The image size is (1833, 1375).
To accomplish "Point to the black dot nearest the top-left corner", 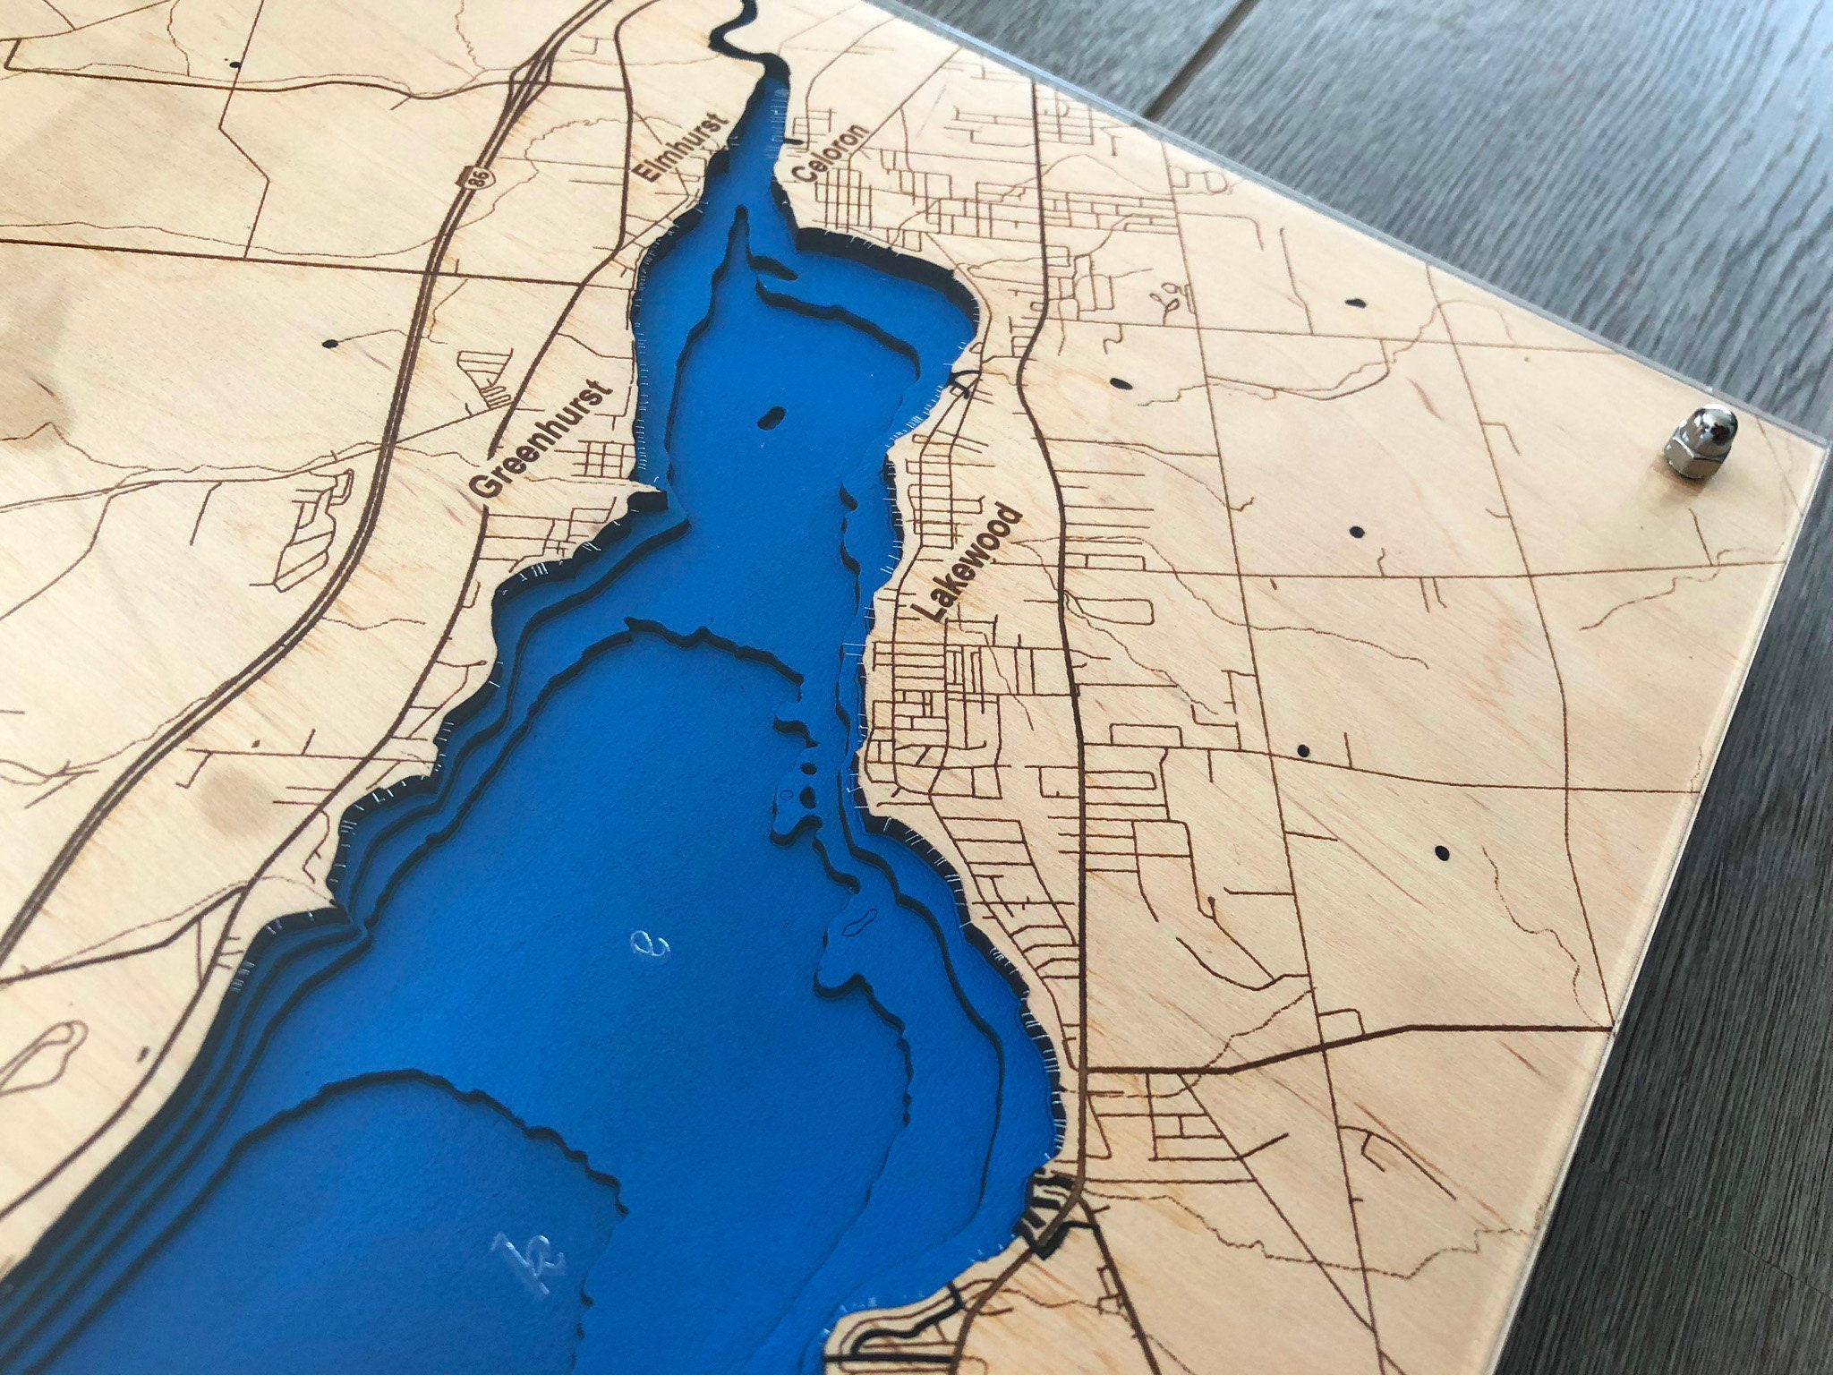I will click(x=234, y=64).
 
